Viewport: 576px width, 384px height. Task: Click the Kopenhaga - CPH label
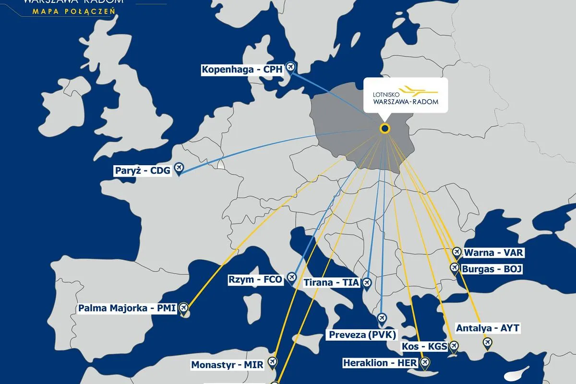tap(243, 70)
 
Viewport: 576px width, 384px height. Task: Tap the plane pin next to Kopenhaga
tap(290, 67)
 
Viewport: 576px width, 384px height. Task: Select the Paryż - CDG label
tap(143, 170)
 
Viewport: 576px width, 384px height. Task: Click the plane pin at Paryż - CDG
tap(179, 168)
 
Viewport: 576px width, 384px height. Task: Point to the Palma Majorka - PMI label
tap(127, 308)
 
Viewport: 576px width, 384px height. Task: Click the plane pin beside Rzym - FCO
tap(291, 277)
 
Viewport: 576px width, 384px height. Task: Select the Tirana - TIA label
tap(331, 283)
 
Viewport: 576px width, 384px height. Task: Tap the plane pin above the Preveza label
tap(382, 318)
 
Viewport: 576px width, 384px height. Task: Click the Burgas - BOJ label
tap(492, 269)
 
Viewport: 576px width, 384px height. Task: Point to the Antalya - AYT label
tap(488, 328)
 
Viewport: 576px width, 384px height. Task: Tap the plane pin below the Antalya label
tap(488, 343)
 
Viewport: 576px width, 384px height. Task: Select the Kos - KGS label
tap(424, 347)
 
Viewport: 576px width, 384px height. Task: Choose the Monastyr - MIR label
tap(228, 365)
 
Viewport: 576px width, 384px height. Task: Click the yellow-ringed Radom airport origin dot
tap(384, 128)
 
